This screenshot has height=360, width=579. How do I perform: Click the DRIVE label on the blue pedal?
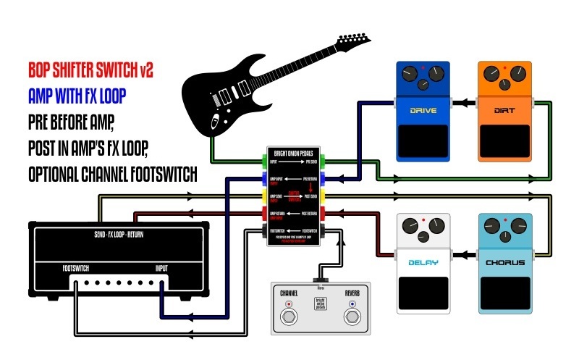[423, 112]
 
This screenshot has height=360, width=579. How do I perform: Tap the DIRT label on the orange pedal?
[505, 112]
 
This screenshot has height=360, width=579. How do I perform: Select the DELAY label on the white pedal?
[423, 262]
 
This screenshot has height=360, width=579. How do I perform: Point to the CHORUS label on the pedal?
[505, 262]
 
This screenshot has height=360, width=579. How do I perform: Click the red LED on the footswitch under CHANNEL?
[289, 304]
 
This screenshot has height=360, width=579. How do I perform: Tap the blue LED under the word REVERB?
[352, 304]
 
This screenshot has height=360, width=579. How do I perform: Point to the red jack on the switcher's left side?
[263, 214]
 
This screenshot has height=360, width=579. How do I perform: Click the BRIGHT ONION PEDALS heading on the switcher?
[294, 154]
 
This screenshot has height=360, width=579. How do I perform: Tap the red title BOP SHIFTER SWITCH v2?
[90, 70]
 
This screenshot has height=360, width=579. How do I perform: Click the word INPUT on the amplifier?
[160, 268]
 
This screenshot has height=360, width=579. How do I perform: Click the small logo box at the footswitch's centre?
[320, 304]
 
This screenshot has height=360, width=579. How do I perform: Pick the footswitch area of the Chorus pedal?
[505, 293]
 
